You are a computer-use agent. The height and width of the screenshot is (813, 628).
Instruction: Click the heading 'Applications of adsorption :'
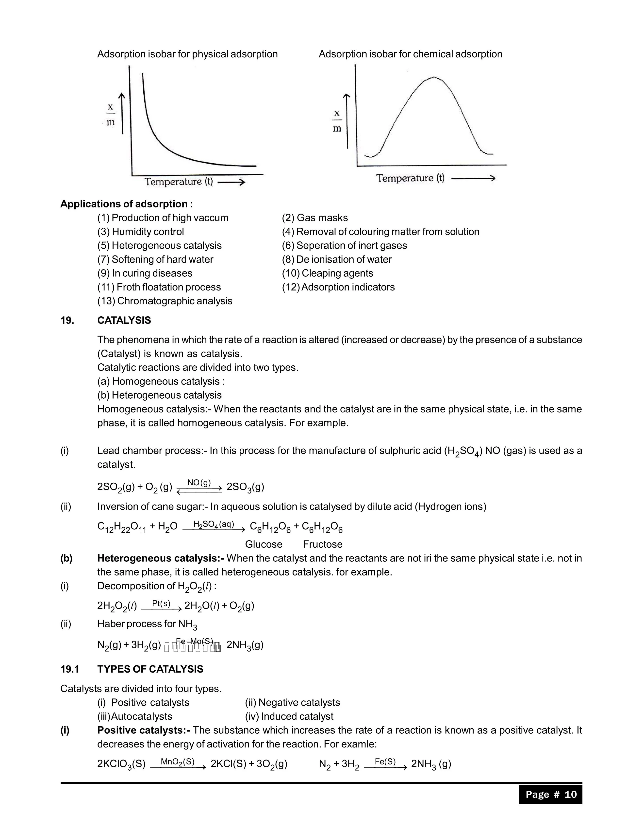point(127,204)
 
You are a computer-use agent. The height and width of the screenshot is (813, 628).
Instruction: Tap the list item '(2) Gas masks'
point(315,218)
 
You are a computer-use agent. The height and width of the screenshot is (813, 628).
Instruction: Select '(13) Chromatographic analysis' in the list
point(165,301)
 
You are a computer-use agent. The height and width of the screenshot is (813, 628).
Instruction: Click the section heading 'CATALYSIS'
point(124,321)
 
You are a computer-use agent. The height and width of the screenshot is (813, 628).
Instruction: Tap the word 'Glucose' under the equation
point(264,544)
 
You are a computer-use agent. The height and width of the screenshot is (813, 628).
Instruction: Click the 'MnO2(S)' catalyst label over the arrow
point(178,762)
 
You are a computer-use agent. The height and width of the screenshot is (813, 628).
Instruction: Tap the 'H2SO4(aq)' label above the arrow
point(214,525)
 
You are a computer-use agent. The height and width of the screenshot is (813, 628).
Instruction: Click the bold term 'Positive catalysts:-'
point(144,730)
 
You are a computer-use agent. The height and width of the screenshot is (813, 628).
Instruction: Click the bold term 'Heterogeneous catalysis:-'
point(160,558)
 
